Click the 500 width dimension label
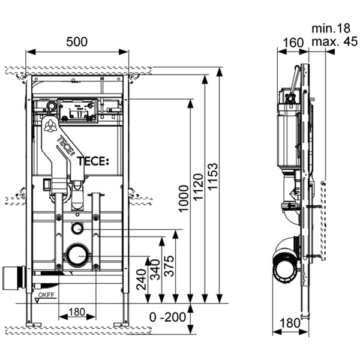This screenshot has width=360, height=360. (77, 41)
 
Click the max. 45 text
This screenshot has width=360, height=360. (333, 41)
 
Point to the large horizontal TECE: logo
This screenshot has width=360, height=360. (93, 161)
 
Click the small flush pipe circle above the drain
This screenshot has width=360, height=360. (77, 227)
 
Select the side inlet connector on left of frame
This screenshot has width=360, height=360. (13, 277)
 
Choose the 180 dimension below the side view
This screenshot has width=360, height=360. (289, 323)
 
